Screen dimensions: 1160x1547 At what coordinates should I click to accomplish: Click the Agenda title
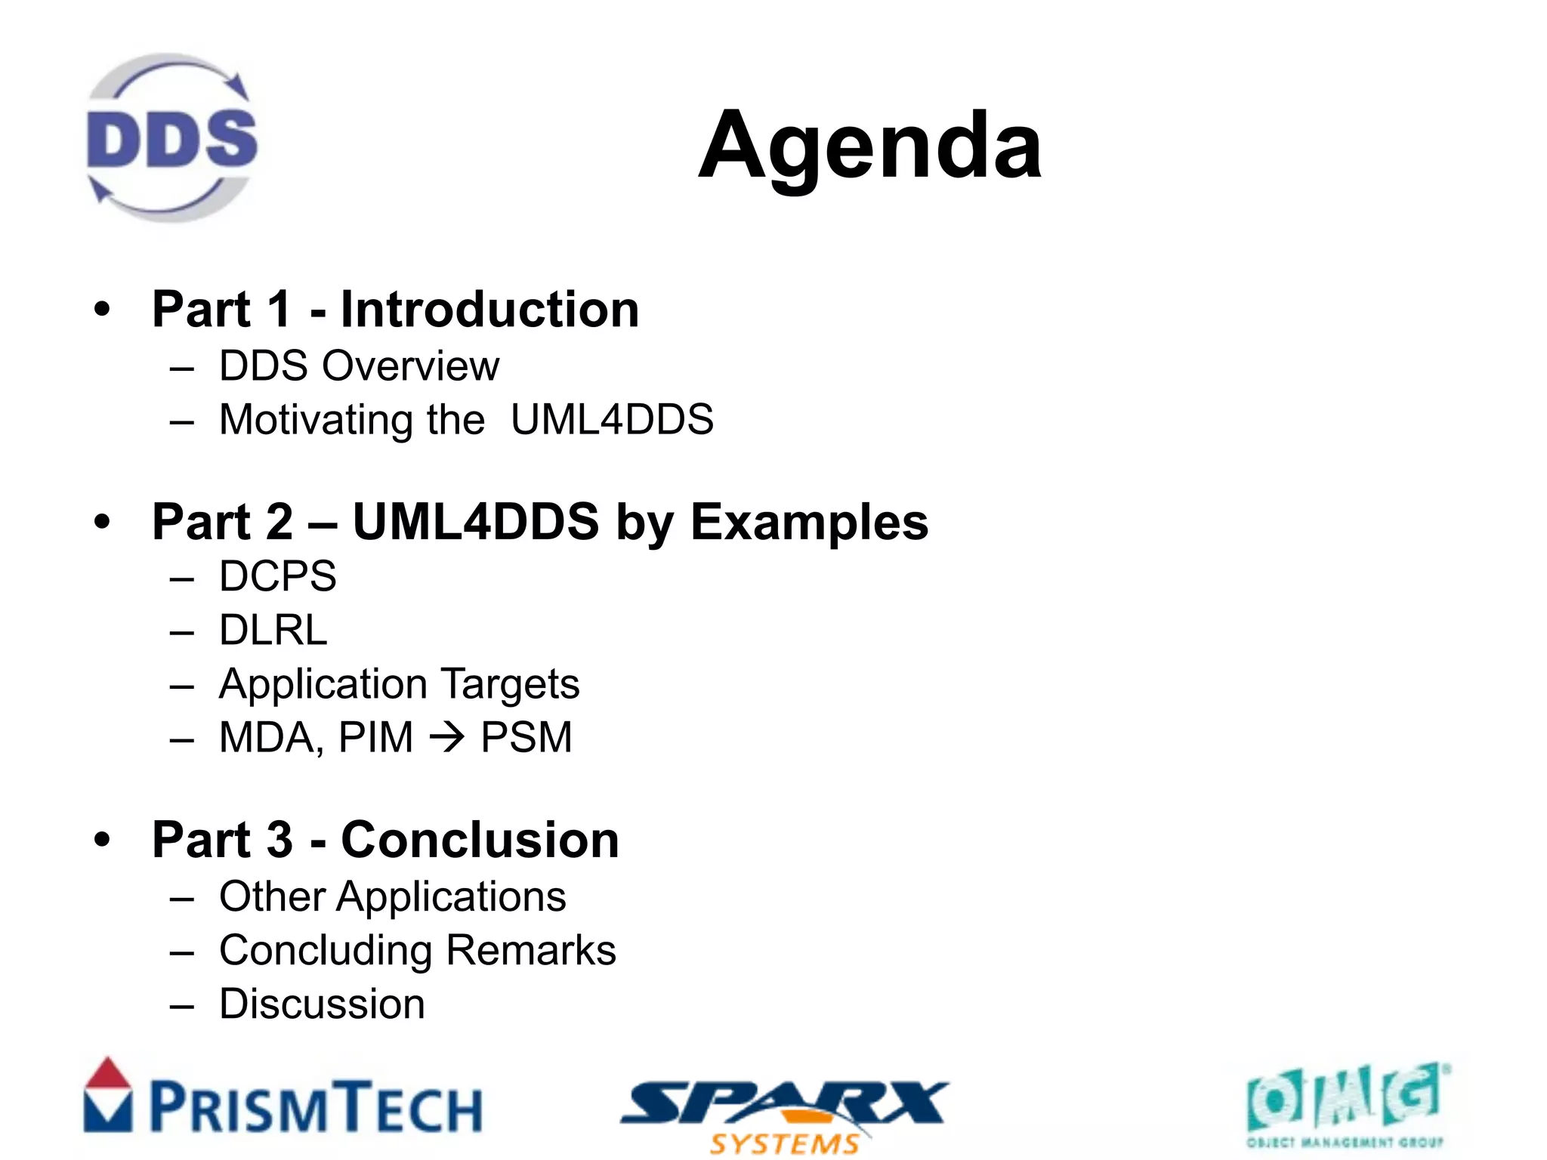point(869,145)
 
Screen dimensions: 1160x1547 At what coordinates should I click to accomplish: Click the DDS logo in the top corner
point(172,138)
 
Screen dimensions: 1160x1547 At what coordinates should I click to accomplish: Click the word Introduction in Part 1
point(489,310)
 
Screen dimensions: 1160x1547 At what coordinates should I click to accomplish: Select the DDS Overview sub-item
point(359,366)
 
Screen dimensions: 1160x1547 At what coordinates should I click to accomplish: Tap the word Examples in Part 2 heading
point(809,522)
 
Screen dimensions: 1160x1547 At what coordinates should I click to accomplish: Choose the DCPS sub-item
point(277,576)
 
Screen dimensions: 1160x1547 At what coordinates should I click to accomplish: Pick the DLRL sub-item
point(273,630)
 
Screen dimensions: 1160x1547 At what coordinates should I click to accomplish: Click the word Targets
point(511,683)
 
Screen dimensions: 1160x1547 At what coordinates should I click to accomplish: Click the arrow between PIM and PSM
point(447,737)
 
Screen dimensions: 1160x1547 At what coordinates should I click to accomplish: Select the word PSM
point(526,737)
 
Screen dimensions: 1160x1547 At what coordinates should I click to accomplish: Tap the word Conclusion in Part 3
point(480,840)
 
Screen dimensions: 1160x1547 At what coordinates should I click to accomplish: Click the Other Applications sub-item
point(392,897)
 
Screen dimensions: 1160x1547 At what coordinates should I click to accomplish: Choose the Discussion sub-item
point(322,1004)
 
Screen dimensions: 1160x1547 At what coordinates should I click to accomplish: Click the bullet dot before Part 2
point(102,521)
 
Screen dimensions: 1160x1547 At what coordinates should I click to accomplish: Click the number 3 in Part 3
point(279,840)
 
